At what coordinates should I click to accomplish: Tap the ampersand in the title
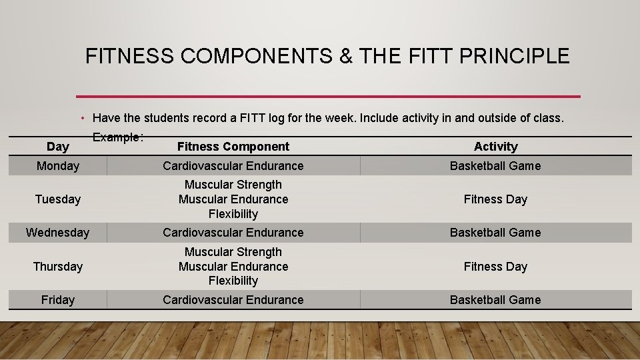coord(346,56)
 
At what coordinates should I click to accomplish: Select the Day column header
coord(57,147)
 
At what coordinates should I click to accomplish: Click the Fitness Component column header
coord(233,147)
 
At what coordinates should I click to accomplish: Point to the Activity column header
coord(495,147)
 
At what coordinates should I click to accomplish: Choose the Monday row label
coord(57,166)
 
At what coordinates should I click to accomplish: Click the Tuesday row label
coord(57,199)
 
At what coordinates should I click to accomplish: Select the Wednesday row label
coord(57,233)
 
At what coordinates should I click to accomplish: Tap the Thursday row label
coord(57,267)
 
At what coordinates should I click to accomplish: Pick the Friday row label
coord(57,300)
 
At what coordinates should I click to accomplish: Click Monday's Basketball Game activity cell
coord(495,166)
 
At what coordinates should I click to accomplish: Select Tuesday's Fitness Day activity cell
coord(495,199)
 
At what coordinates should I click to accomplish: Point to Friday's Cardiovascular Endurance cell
coord(233,300)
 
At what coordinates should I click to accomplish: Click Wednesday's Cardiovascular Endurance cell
coord(233,233)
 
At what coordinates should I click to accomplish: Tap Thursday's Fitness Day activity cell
coord(495,267)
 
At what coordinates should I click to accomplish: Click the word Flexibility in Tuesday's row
coord(233,214)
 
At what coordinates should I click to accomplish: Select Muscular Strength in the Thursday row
coord(233,252)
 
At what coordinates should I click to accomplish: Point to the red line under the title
coord(328,97)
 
